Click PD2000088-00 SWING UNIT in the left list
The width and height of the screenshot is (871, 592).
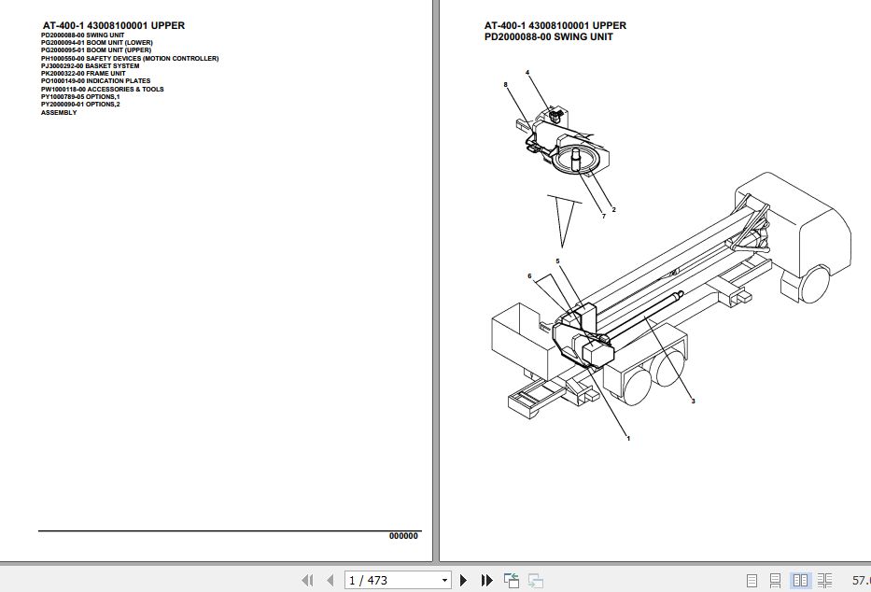(x=82, y=35)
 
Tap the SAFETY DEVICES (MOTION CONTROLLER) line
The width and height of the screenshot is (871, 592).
(x=130, y=59)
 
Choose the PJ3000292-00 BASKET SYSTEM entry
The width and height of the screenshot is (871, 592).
(x=90, y=66)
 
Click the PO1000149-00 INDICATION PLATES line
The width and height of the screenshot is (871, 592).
(x=95, y=81)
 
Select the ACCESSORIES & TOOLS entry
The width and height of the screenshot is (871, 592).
(x=102, y=90)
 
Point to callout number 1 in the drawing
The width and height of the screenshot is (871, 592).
(x=628, y=438)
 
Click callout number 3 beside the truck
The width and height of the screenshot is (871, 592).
(x=693, y=402)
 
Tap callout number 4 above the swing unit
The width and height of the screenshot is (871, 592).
(x=527, y=72)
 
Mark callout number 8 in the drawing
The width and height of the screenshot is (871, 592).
(x=505, y=85)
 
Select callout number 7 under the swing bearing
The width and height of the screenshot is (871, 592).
(x=603, y=217)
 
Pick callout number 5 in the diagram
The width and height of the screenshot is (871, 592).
(x=557, y=261)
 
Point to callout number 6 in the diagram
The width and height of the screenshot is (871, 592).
(x=528, y=275)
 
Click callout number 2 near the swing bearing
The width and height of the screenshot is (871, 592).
(x=613, y=209)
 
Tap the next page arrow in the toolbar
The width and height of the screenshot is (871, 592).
(x=464, y=580)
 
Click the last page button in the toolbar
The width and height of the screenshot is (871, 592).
(x=486, y=580)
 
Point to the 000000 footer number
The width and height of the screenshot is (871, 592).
(x=403, y=536)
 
